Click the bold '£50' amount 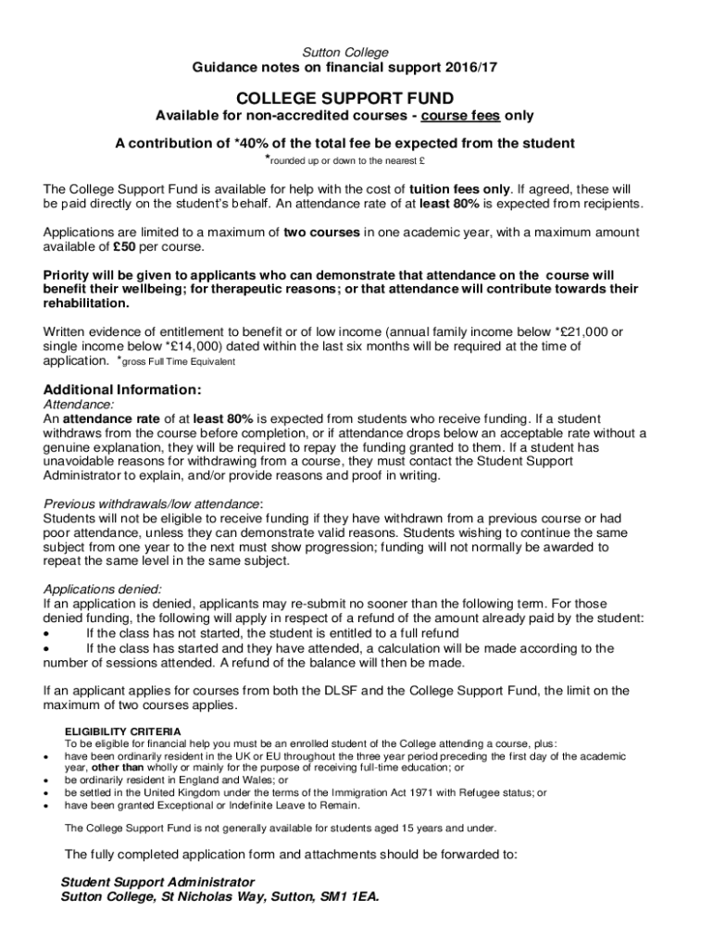pos(127,247)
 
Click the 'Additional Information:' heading pos(122,390)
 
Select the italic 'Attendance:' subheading pos(80,405)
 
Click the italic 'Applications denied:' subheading pos(103,589)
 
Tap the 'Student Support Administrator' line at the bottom pos(157,881)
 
